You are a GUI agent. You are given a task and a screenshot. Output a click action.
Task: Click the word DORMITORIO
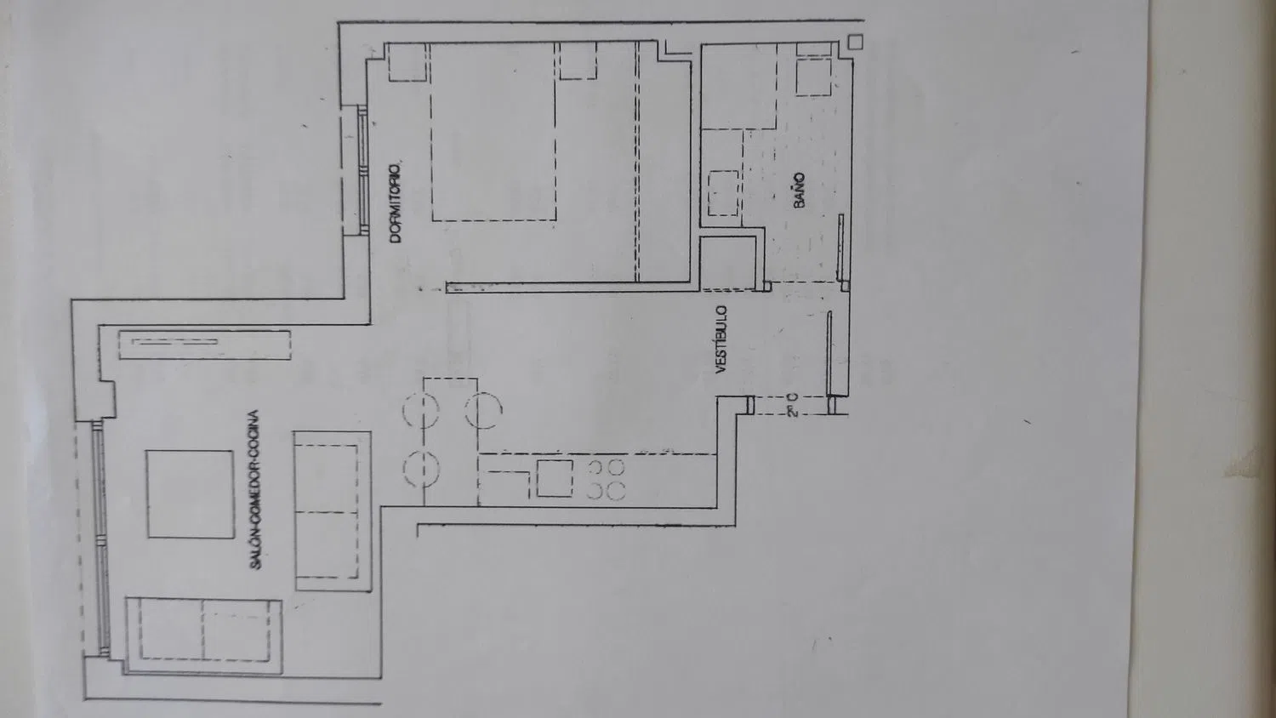[396, 202]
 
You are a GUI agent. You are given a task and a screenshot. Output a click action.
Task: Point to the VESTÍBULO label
[721, 339]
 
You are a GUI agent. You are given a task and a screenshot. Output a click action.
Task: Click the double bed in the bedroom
[493, 132]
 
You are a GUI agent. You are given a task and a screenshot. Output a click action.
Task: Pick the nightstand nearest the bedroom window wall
[407, 62]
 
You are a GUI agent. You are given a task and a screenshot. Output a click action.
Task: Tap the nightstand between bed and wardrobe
[578, 60]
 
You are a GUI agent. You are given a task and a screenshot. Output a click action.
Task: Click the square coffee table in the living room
[191, 494]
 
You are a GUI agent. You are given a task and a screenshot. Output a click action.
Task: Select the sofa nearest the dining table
[333, 511]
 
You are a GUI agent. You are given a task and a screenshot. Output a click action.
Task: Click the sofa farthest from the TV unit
[204, 635]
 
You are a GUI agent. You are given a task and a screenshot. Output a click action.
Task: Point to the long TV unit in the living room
[204, 345]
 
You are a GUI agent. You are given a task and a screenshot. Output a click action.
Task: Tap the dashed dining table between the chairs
[450, 442]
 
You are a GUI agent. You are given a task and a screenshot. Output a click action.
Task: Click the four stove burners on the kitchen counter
[606, 479]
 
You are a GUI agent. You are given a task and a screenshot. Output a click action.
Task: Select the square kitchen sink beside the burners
[555, 478]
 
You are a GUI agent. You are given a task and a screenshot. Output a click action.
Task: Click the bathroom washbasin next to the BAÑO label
[723, 192]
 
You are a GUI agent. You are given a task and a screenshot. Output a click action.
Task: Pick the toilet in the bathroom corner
[813, 71]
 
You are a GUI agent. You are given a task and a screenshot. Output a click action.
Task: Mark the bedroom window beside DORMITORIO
[362, 170]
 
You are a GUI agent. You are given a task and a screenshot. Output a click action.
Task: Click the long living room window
[100, 538]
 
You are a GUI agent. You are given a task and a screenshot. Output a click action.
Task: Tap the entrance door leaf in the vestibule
[829, 353]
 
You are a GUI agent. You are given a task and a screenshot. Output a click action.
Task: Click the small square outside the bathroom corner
[855, 42]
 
